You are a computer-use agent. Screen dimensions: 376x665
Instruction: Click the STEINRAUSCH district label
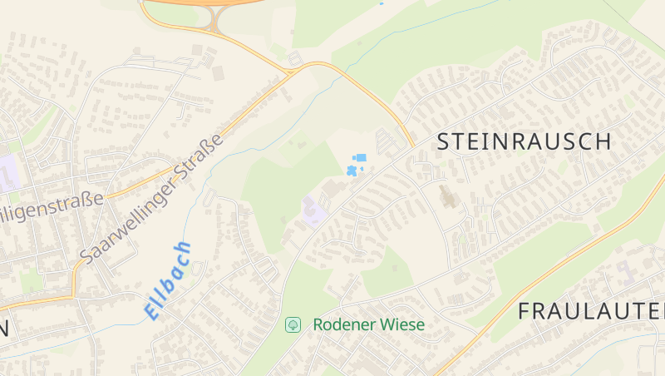524,141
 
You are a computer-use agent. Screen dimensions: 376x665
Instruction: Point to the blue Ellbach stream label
168,280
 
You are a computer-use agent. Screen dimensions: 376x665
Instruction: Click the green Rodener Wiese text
368,324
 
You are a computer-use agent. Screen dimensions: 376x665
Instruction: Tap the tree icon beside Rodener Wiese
293,324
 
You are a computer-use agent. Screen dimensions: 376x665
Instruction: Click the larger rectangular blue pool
361,157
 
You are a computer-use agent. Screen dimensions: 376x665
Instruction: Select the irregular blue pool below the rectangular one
352,171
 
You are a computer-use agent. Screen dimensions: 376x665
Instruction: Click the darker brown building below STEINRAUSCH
448,198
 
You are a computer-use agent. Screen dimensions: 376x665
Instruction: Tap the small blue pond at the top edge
382,2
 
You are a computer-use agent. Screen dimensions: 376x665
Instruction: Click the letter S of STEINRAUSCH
445,141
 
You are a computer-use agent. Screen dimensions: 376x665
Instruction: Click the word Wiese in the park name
401,324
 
